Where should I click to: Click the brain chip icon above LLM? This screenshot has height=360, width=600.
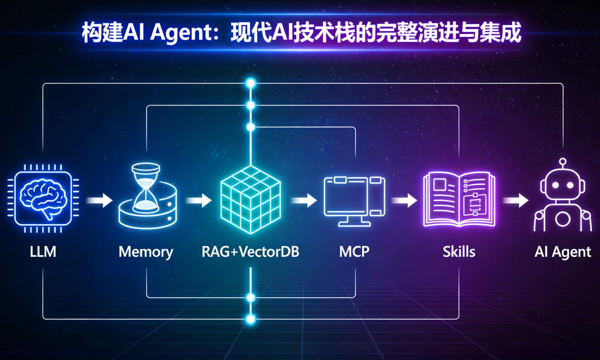tap(43, 198)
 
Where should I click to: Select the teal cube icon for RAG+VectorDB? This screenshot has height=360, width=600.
tap(250, 200)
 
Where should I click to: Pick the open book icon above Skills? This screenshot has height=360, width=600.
tap(459, 199)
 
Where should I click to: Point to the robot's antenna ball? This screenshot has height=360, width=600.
tap(563, 161)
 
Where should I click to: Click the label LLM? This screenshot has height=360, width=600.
tap(43, 252)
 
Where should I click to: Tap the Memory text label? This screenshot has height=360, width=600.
tap(146, 252)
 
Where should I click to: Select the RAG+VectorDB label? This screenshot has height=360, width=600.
tap(250, 252)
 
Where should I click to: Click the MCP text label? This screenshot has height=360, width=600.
tap(354, 252)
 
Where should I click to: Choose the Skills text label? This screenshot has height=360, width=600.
tap(459, 252)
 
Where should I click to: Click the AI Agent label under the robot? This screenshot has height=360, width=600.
tap(563, 252)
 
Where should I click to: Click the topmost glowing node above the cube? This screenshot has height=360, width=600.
tap(251, 83)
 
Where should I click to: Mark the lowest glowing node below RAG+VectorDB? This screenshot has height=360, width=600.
tap(251, 319)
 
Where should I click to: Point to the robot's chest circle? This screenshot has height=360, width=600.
tap(563, 219)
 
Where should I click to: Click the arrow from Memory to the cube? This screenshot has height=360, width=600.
tap(199, 200)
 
